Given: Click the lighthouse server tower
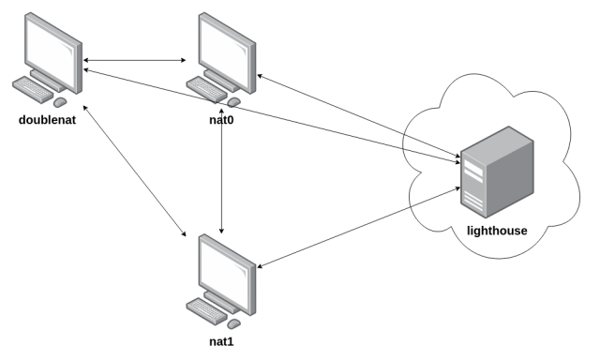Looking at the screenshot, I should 496,174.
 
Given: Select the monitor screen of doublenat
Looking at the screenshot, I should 52,45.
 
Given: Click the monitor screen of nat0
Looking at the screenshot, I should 224,45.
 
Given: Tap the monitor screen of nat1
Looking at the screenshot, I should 224,266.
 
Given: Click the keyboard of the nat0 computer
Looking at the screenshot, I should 207,91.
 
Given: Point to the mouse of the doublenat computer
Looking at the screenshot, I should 61,101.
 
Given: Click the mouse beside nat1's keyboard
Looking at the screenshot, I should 233,322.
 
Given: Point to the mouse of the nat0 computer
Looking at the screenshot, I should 233,101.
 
